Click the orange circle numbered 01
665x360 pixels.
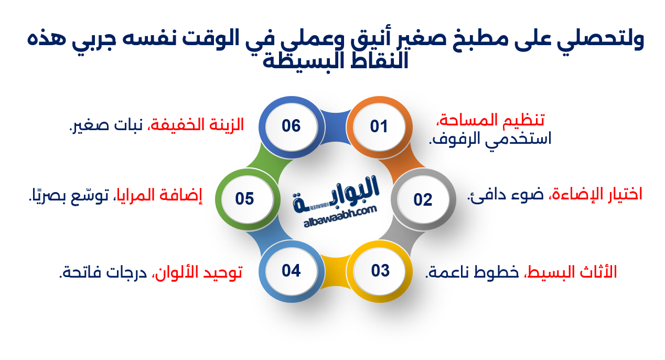(379, 126)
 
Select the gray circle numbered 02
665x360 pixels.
(423, 199)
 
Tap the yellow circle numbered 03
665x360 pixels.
(380, 271)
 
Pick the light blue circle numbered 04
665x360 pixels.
(291, 271)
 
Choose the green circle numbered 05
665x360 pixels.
(245, 199)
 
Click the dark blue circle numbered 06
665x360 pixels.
(291, 126)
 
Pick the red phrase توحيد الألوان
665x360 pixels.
(197, 272)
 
